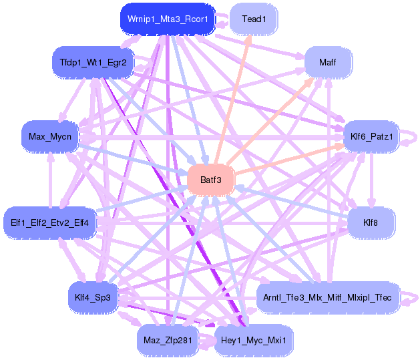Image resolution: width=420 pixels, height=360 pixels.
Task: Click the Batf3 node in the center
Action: point(210,179)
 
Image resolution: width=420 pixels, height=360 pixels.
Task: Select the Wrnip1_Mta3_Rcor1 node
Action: point(168,19)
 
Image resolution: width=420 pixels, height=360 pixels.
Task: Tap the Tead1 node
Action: point(254,19)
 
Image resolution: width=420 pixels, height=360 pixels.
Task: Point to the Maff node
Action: point(327,63)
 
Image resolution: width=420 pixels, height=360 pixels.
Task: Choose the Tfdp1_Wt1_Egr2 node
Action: point(93,62)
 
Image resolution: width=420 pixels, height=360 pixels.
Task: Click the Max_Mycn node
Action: point(50,137)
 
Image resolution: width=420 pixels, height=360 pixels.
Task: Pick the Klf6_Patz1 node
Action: point(372,137)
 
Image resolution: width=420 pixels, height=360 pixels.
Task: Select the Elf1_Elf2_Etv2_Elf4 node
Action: point(50,221)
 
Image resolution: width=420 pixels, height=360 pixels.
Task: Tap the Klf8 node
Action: point(371,221)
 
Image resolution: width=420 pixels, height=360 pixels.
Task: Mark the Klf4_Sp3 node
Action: point(93,296)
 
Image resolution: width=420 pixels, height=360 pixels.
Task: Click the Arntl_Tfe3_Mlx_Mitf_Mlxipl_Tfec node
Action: point(327,296)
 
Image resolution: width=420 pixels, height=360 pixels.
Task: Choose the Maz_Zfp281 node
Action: point(168,341)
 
